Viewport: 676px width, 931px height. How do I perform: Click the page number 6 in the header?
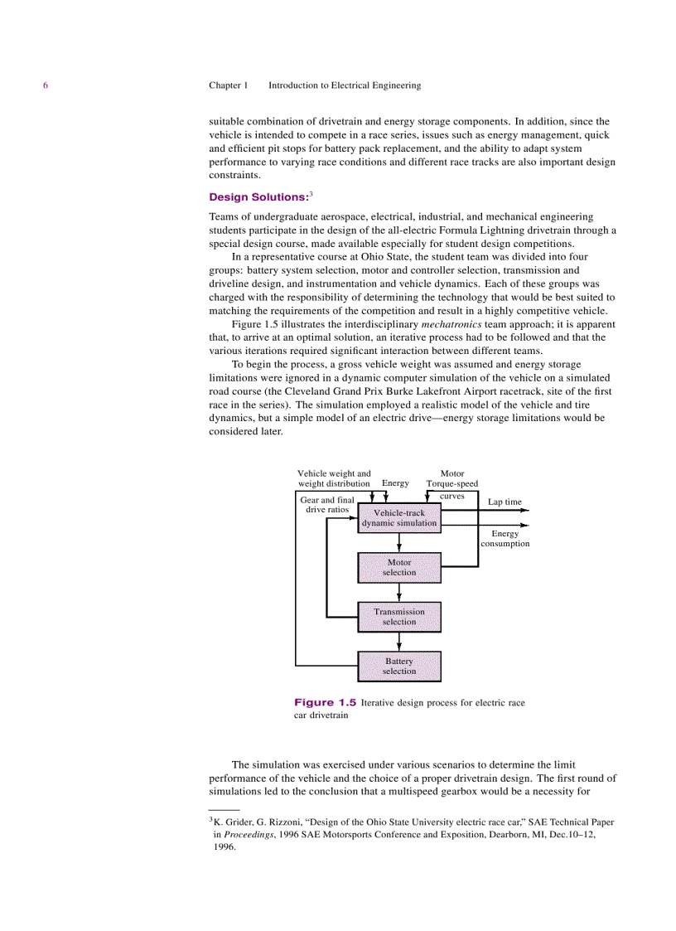pos(46,85)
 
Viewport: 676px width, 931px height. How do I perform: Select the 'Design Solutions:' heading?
pos(258,197)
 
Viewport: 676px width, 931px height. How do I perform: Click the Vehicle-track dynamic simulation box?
pos(399,518)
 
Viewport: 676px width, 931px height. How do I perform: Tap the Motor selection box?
pos(399,568)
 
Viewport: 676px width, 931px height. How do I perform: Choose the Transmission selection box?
pos(399,617)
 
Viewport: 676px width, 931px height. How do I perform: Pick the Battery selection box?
pos(399,667)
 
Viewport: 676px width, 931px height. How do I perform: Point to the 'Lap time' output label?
pos(505,502)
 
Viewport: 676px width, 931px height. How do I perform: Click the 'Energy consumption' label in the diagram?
pos(505,539)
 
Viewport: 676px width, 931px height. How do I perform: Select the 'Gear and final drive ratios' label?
pos(326,505)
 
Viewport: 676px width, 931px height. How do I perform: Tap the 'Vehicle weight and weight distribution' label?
pos(334,478)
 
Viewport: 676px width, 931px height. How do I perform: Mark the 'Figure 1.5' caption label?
pos(326,702)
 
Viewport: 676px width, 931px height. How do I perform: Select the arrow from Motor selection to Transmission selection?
pos(399,593)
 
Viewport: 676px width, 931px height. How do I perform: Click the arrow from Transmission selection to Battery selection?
pos(399,642)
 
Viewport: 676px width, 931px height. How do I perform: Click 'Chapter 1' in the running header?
pos(228,85)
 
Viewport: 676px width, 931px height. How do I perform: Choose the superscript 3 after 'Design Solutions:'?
pos(311,194)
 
